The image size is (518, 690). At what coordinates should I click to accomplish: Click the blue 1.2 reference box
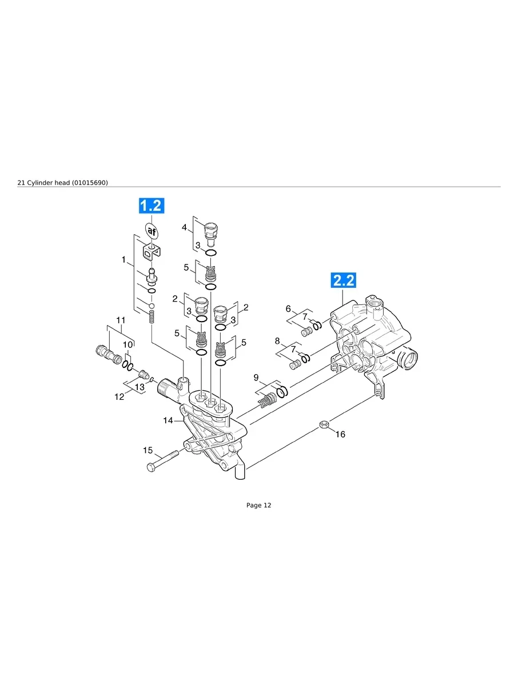(152, 206)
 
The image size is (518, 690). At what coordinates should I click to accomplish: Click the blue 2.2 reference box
(342, 280)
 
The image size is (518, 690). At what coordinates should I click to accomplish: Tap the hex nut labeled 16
(323, 425)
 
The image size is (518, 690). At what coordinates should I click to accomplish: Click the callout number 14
(168, 420)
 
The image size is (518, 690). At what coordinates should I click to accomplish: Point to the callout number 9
(256, 377)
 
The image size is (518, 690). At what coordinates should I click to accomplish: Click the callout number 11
(121, 320)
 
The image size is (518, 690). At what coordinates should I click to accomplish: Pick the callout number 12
(119, 396)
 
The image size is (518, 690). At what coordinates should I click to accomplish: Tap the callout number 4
(184, 227)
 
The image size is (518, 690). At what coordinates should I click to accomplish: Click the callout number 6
(288, 308)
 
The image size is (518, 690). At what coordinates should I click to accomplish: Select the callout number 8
(277, 341)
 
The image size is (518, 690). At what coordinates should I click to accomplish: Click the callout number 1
(123, 259)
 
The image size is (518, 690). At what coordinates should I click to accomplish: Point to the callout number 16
(340, 434)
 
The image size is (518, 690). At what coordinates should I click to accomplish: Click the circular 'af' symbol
(152, 231)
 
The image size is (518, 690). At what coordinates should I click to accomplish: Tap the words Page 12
(258, 505)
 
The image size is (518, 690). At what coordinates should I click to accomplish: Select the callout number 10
(128, 344)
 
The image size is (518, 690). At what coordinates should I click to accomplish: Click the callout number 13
(140, 387)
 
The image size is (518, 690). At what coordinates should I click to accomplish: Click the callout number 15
(148, 451)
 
